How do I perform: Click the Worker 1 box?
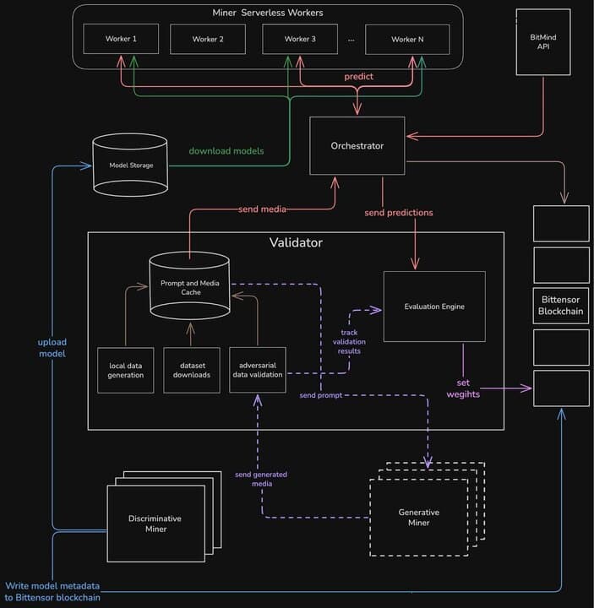click(x=121, y=39)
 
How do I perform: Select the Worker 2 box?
click(x=207, y=39)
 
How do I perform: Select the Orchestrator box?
click(x=357, y=146)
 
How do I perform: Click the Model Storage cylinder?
click(x=131, y=165)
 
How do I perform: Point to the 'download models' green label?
click(x=226, y=151)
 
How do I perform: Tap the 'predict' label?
click(x=358, y=77)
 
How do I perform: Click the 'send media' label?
click(x=261, y=209)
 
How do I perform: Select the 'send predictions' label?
click(x=398, y=213)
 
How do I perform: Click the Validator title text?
click(x=295, y=243)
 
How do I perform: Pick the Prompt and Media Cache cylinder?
click(x=189, y=288)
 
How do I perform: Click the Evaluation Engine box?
click(x=434, y=307)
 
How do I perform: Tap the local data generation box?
click(x=126, y=370)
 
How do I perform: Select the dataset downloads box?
click(x=192, y=370)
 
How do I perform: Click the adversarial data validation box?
click(x=258, y=370)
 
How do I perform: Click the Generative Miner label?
click(x=419, y=518)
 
